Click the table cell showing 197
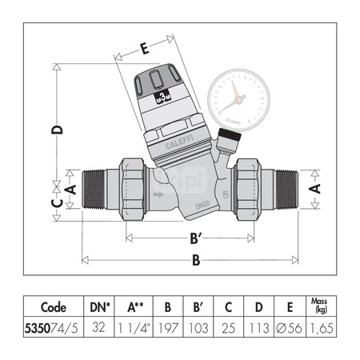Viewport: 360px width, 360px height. click(168, 326)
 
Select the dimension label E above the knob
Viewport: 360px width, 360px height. click(144, 49)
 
